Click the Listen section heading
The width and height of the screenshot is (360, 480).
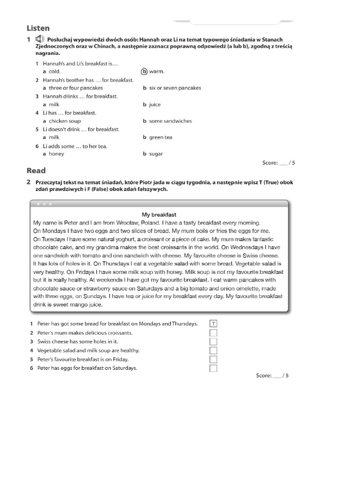click(x=38, y=28)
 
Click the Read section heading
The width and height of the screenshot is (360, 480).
click(x=36, y=171)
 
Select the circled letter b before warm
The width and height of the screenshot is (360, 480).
click(x=144, y=71)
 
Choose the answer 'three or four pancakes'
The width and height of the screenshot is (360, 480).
click(x=75, y=88)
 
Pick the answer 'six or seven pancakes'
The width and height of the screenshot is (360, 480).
click(x=175, y=88)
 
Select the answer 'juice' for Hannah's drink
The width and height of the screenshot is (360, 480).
click(x=155, y=105)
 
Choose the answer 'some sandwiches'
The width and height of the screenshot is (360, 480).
click(x=170, y=121)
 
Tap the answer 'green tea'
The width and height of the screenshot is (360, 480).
click(x=160, y=137)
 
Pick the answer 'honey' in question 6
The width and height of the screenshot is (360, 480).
click(x=56, y=154)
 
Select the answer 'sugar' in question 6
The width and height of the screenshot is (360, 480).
click(x=156, y=154)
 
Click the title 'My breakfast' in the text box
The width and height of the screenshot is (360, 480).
click(x=159, y=215)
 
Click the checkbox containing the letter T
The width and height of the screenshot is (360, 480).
click(x=213, y=324)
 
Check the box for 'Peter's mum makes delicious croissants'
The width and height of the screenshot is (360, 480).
click(x=213, y=333)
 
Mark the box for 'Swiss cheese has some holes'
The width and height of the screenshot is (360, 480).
click(x=213, y=342)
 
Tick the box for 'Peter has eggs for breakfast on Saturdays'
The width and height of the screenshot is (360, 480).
click(x=213, y=368)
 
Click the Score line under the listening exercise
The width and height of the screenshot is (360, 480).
click(x=279, y=163)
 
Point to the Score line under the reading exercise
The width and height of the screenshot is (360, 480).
click(x=272, y=375)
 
